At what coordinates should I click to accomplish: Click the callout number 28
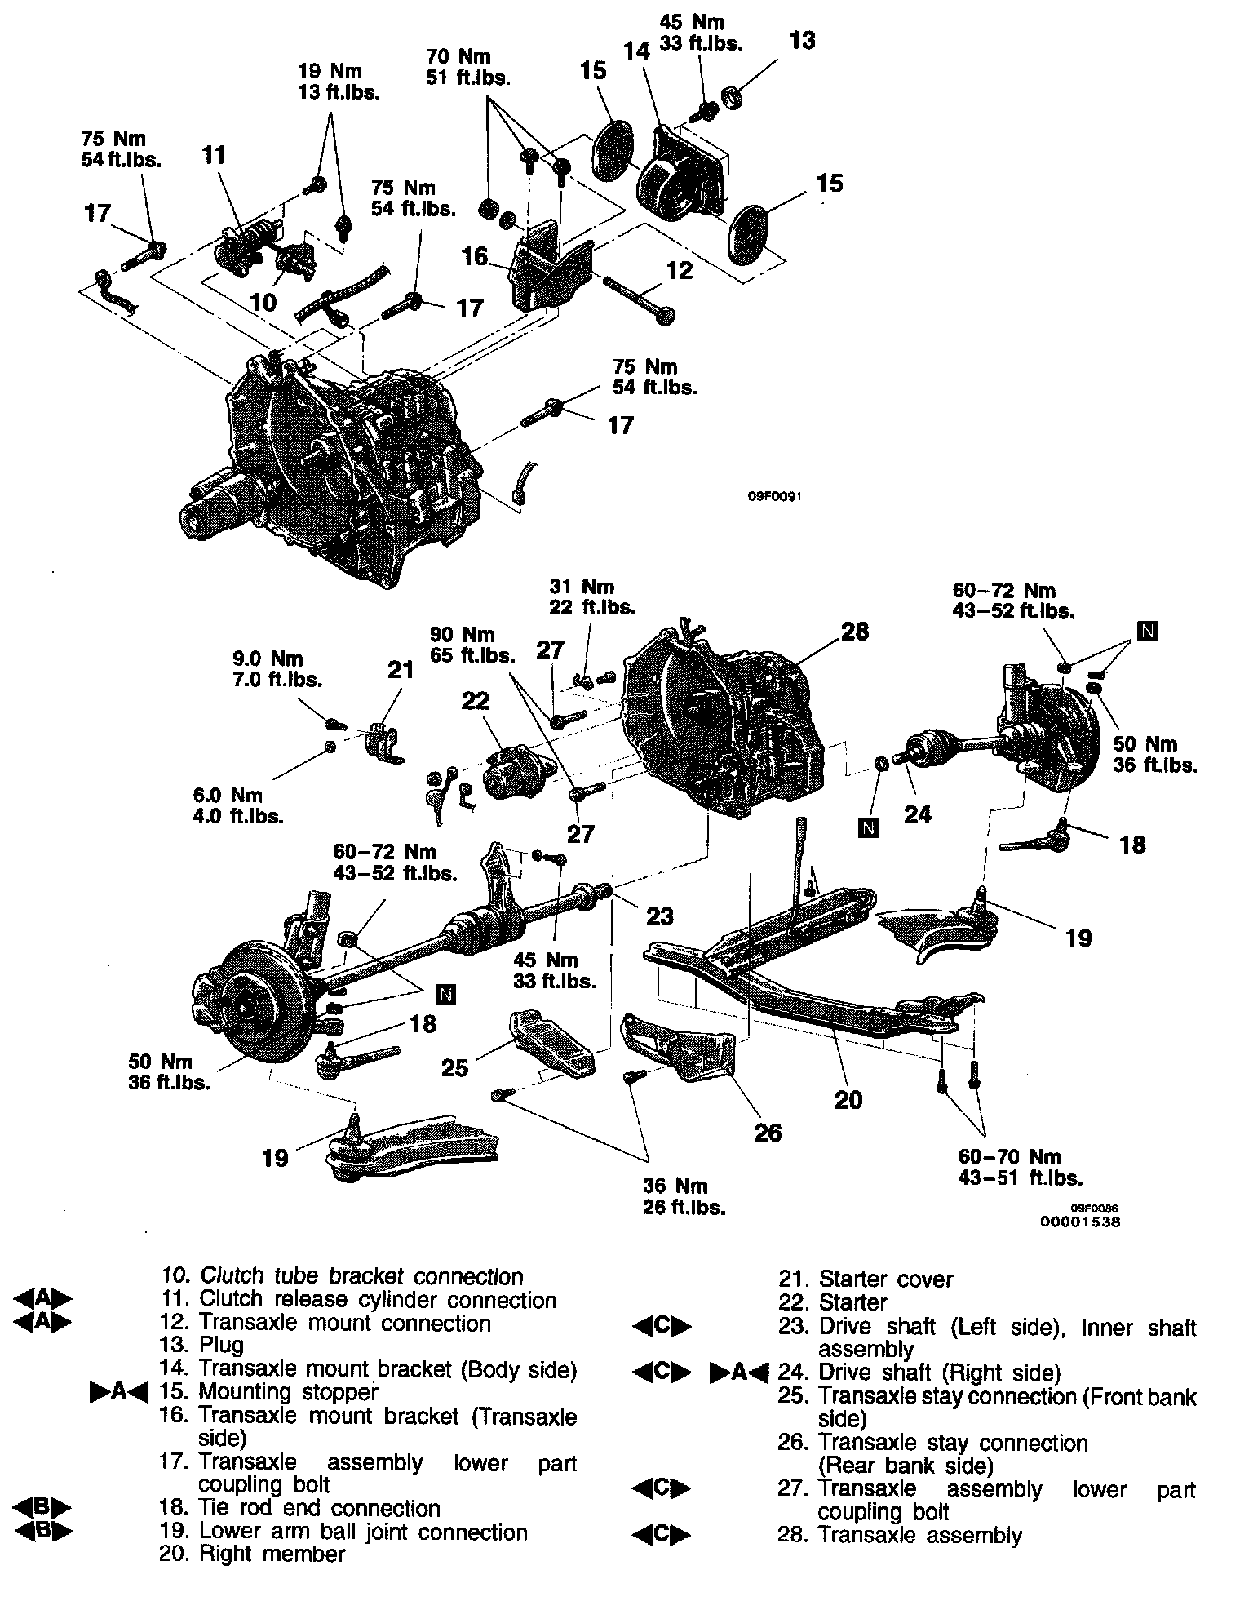click(x=854, y=632)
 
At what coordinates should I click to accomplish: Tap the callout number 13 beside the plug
click(x=802, y=41)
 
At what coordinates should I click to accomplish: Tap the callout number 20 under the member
click(x=848, y=1099)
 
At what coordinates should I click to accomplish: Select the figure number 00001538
click(x=1079, y=1222)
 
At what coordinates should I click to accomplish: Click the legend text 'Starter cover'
click(x=885, y=1279)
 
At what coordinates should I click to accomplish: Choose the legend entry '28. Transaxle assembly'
click(x=900, y=1535)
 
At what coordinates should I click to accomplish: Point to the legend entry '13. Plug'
click(x=201, y=1344)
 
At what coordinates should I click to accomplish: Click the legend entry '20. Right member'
click(x=253, y=1553)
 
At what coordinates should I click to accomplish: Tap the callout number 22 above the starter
click(x=476, y=701)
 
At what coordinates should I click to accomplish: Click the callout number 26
click(x=768, y=1132)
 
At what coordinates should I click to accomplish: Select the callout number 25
click(x=454, y=1067)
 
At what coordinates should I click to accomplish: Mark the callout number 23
click(x=659, y=916)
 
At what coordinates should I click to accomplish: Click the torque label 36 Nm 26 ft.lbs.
click(x=684, y=1196)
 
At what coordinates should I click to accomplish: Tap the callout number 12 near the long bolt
click(x=680, y=269)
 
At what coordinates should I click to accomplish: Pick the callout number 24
click(x=917, y=814)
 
